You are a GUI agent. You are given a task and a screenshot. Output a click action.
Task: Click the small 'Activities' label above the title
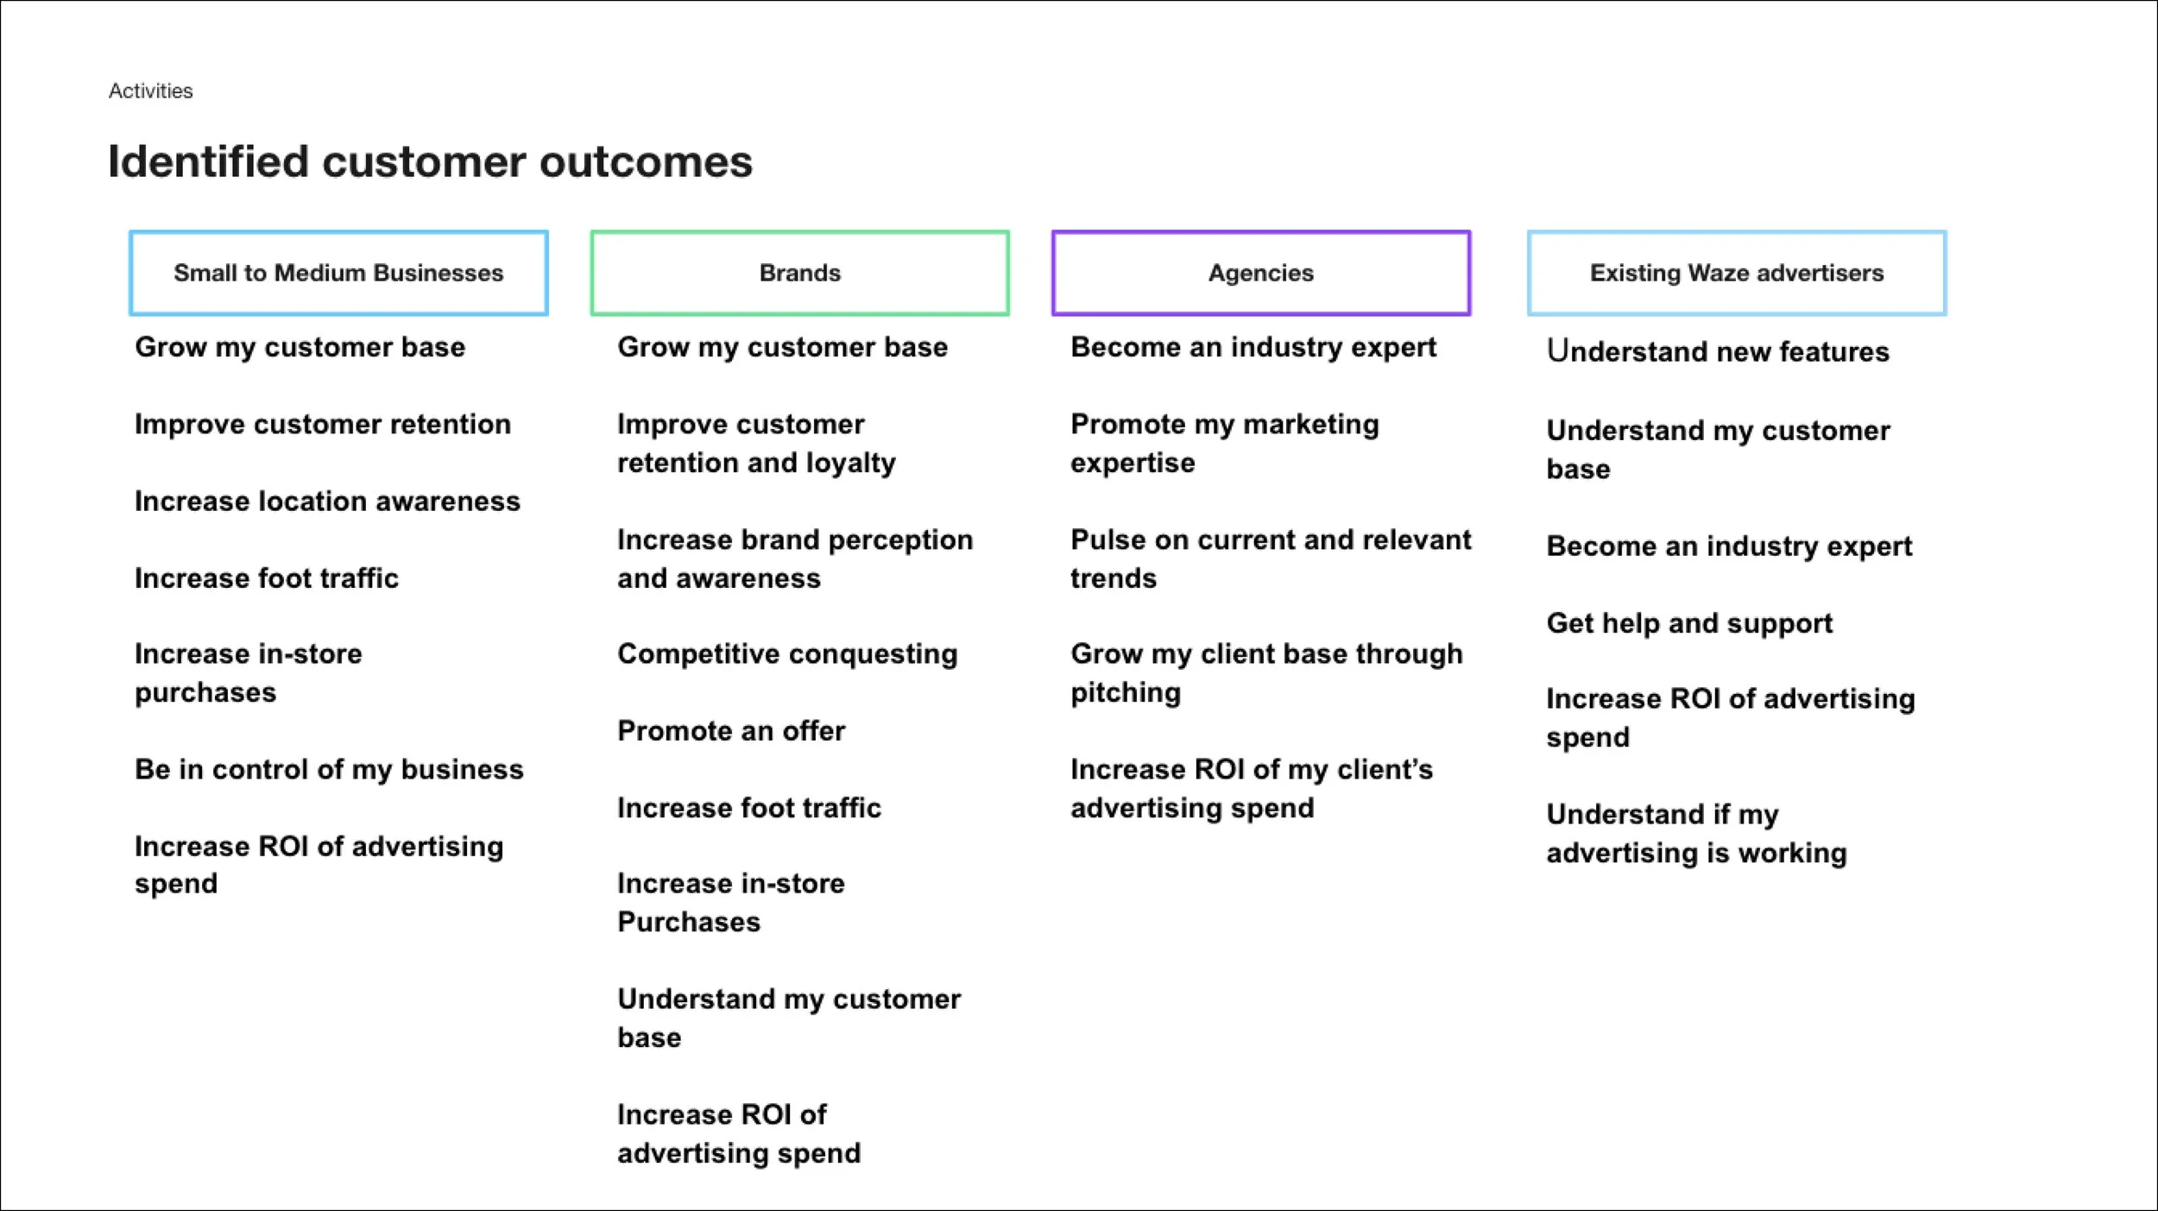tap(150, 91)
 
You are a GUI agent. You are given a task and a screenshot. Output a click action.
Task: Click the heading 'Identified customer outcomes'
tap(430, 161)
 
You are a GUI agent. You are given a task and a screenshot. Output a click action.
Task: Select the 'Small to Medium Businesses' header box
tap(338, 273)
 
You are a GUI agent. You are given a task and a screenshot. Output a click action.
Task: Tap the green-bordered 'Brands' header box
tap(799, 273)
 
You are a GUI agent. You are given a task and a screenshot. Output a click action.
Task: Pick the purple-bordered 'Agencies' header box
tap(1260, 273)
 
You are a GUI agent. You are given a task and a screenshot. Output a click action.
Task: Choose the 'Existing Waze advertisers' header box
tap(1736, 273)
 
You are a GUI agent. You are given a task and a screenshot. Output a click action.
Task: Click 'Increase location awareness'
tap(327, 501)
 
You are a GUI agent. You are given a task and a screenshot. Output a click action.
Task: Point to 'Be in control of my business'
tap(329, 769)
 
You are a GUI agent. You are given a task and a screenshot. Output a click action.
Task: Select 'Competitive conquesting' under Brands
tap(787, 654)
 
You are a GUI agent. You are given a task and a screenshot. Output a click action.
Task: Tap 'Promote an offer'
tap(731, 731)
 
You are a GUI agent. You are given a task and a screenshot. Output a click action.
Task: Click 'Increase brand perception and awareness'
tap(794, 558)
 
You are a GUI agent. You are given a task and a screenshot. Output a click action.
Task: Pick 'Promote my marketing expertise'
tap(1224, 443)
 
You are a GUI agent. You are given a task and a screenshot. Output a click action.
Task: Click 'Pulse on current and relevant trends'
tap(1270, 558)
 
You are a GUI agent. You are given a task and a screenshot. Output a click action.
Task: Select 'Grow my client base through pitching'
tap(1265, 673)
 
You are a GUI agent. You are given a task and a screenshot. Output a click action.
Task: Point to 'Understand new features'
tap(1717, 351)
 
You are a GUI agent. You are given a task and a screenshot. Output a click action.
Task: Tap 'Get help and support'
tap(1688, 623)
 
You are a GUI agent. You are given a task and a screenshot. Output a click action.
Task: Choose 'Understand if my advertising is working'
tap(1695, 833)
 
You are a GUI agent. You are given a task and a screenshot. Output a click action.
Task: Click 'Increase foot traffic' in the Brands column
tap(748, 808)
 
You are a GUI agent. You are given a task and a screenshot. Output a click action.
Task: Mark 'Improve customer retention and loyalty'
tap(756, 443)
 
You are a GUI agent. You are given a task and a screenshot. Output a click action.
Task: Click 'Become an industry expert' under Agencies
tap(1253, 347)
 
